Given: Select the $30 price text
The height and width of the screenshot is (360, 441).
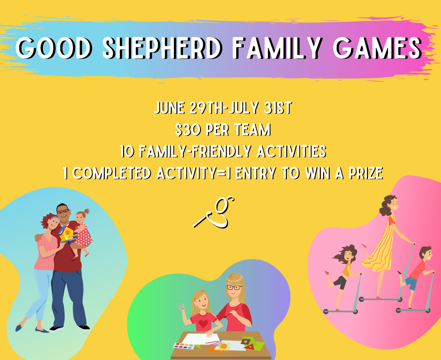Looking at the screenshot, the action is (x=188, y=130).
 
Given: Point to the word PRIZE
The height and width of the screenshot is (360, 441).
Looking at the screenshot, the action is (x=366, y=173).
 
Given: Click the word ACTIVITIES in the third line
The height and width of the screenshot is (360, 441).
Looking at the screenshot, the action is (x=291, y=151).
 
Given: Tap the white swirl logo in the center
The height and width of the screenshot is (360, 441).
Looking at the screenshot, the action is (x=214, y=212).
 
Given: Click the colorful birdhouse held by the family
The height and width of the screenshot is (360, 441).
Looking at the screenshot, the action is (x=67, y=234).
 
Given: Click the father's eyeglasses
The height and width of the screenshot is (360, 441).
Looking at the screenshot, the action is (x=63, y=210).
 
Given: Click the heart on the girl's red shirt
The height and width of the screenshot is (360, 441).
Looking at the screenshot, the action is (x=203, y=324).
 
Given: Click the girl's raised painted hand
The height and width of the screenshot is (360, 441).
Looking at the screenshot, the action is (x=181, y=307).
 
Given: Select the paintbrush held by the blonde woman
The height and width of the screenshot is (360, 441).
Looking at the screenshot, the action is (x=231, y=313).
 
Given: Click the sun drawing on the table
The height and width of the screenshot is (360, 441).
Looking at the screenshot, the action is (x=224, y=346).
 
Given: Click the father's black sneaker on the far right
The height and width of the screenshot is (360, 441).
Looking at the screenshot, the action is (x=84, y=327).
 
